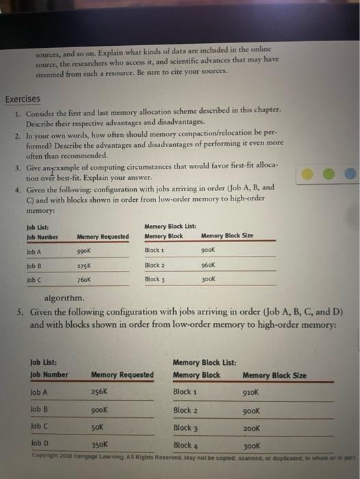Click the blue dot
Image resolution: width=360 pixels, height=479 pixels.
pos(350,173)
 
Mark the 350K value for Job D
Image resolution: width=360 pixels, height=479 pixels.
pos(101,443)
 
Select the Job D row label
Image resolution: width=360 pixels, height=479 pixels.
pos(40,443)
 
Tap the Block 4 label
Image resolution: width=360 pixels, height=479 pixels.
pos(185,445)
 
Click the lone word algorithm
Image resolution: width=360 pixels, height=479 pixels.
pos(64,298)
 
